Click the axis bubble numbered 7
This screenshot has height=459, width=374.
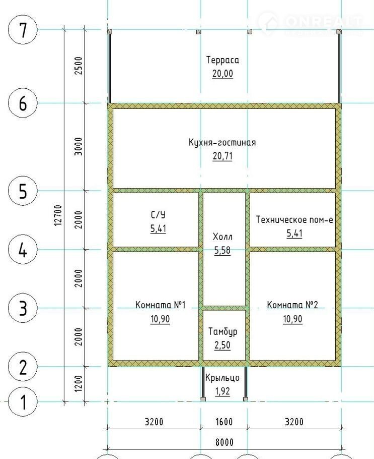pyautogui.click(x=23, y=30)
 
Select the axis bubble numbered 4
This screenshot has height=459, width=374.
pyautogui.click(x=23, y=250)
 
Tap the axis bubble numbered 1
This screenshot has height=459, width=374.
pyautogui.click(x=23, y=401)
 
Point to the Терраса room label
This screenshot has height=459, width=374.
pyautogui.click(x=222, y=60)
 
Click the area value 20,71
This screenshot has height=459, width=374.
pyautogui.click(x=222, y=156)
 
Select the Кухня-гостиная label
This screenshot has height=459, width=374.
pyautogui.click(x=222, y=143)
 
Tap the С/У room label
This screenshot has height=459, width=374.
pyautogui.click(x=158, y=215)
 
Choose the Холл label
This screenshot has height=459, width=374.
pyautogui.click(x=222, y=236)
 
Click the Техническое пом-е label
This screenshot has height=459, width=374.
pyautogui.click(x=294, y=219)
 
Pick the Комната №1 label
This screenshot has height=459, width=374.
pyautogui.click(x=161, y=305)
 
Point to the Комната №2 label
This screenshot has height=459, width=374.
pyautogui.click(x=292, y=305)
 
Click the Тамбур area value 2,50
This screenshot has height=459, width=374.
pyautogui.click(x=222, y=346)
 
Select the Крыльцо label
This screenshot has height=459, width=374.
pyautogui.click(x=222, y=378)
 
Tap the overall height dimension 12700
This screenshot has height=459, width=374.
pyautogui.click(x=58, y=215)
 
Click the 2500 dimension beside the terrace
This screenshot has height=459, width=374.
pyautogui.click(x=79, y=66)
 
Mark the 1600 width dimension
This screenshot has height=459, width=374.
pyautogui.click(x=224, y=422)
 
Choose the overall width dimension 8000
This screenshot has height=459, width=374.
pyautogui.click(x=225, y=442)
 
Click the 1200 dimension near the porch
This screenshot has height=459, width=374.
pyautogui.click(x=79, y=384)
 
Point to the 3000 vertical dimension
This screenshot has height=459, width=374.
pyautogui.click(x=79, y=146)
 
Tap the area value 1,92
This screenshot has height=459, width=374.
pyautogui.click(x=222, y=391)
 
